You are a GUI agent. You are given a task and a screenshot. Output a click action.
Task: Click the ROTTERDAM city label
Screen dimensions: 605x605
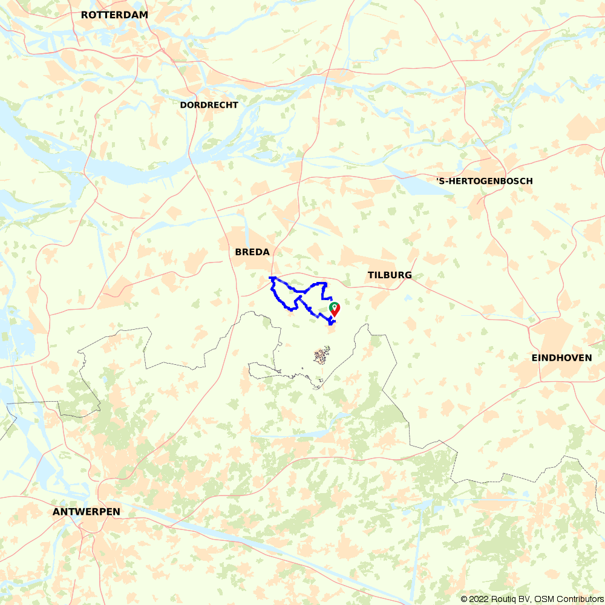[x=114, y=15]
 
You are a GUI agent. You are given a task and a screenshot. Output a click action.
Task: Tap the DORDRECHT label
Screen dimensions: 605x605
[x=209, y=105]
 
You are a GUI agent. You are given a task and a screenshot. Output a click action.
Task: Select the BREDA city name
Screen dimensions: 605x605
[x=252, y=252]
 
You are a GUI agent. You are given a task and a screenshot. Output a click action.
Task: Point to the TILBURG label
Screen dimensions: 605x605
[x=390, y=275]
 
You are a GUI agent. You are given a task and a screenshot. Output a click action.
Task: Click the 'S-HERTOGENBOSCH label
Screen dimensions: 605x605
[x=485, y=181]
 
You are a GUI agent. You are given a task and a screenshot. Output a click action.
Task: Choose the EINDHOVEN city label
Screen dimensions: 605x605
[x=561, y=358]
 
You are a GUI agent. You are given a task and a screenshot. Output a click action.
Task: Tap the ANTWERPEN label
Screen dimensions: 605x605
[x=87, y=512]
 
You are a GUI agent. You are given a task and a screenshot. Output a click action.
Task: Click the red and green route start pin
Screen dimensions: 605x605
[x=334, y=309]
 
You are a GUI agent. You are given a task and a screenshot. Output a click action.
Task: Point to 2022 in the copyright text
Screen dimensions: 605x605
[x=477, y=599]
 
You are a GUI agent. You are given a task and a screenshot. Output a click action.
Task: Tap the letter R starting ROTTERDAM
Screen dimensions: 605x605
[x=83, y=15]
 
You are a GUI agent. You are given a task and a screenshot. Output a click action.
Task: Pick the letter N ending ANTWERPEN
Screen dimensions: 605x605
[x=116, y=512]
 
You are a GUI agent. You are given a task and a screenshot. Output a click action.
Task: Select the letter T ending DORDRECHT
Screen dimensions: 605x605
[x=236, y=105]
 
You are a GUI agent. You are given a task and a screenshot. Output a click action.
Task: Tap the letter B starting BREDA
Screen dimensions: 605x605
[x=238, y=252]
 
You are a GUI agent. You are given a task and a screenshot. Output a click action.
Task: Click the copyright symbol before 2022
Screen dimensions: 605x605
[x=464, y=599]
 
